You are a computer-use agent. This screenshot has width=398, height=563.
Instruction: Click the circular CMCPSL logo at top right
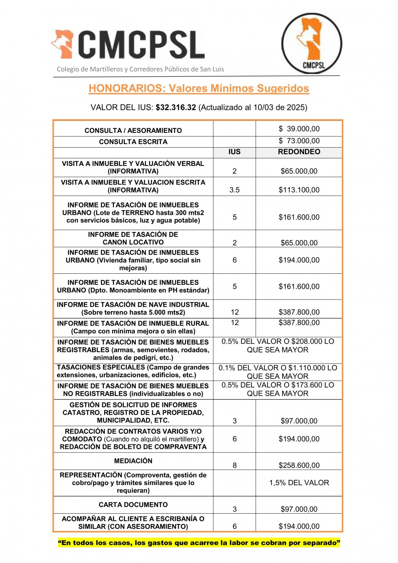(x=312, y=43)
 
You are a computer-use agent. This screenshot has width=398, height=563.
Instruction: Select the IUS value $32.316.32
(x=176, y=107)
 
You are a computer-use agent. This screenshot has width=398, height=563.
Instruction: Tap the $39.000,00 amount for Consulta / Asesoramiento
(x=299, y=129)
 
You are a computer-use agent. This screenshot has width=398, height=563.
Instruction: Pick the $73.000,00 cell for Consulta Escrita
(x=299, y=141)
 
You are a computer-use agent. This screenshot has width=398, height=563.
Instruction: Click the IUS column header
(x=234, y=152)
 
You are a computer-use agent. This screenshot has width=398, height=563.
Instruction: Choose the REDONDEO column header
(x=299, y=152)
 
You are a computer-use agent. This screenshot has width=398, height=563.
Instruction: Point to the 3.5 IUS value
(x=234, y=190)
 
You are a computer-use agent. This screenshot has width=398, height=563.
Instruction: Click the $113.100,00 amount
(x=299, y=190)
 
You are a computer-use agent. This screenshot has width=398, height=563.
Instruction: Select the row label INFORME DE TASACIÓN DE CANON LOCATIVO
(x=133, y=238)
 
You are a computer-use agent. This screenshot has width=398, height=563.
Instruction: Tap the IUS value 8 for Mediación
(x=234, y=465)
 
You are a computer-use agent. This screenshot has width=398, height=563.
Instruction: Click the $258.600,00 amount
(x=299, y=465)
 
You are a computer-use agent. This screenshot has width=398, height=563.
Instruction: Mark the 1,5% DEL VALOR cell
(x=299, y=483)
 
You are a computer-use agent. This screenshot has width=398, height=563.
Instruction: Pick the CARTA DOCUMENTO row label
(x=133, y=505)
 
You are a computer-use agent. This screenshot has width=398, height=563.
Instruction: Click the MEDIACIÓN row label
(x=133, y=461)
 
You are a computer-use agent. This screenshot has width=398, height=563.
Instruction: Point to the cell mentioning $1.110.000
(x=278, y=372)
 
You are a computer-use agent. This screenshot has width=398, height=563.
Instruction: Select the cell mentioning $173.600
(x=278, y=389)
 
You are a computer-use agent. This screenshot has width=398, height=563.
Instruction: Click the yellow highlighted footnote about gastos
(x=199, y=543)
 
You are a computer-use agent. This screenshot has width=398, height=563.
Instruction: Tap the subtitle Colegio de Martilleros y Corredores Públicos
(x=140, y=69)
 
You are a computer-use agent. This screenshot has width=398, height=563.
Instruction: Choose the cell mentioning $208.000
(x=278, y=345)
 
